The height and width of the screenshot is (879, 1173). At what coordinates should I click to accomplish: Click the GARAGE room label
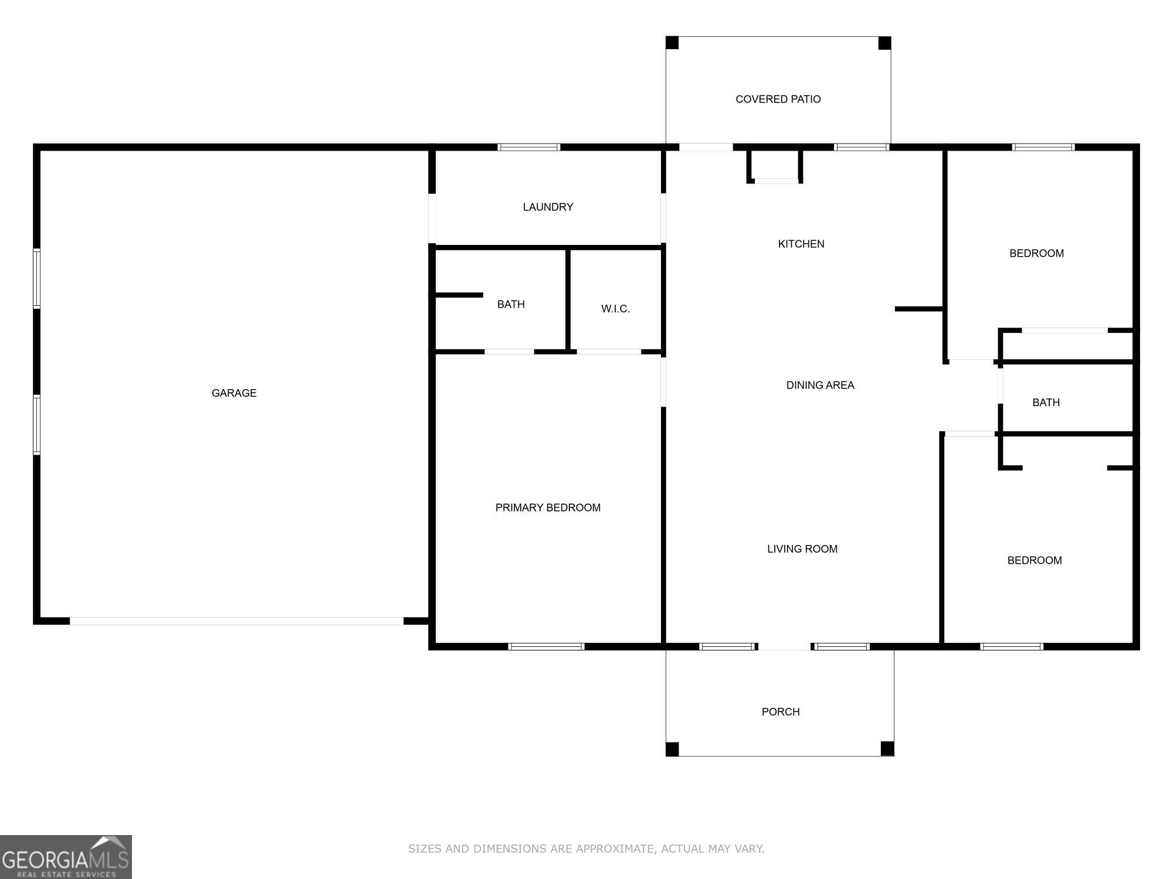click(x=234, y=393)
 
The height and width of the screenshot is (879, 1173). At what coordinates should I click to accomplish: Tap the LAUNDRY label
click(x=548, y=207)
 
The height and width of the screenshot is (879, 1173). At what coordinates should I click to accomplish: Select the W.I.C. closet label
click(x=615, y=309)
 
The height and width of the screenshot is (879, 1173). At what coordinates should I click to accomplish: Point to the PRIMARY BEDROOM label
click(x=548, y=507)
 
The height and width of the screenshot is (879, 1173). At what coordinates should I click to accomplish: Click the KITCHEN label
click(x=801, y=244)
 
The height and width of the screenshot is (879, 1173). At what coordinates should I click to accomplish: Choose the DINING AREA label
click(x=820, y=385)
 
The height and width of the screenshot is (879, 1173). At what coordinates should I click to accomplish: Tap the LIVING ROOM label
click(x=802, y=549)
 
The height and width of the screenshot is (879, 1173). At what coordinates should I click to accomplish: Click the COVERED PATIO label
click(x=778, y=99)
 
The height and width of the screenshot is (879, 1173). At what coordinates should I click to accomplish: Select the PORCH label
click(x=781, y=711)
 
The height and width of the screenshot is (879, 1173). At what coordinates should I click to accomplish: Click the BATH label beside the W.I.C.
click(x=511, y=304)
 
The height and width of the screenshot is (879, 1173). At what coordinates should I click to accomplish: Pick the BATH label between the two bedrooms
click(x=1046, y=403)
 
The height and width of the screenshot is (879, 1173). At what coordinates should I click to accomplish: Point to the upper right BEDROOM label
click(x=1036, y=253)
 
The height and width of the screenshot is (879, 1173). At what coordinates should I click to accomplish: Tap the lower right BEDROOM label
click(x=1035, y=560)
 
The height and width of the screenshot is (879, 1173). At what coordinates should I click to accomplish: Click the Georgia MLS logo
click(x=66, y=857)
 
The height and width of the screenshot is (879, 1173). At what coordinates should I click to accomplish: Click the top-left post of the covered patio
click(x=672, y=43)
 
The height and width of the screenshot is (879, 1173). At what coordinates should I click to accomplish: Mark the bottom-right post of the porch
click(x=887, y=748)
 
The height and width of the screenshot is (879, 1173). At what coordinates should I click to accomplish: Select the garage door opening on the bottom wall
click(x=236, y=621)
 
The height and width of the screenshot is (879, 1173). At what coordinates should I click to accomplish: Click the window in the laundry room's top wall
click(x=529, y=147)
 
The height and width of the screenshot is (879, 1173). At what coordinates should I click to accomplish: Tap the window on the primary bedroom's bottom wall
click(x=546, y=646)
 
